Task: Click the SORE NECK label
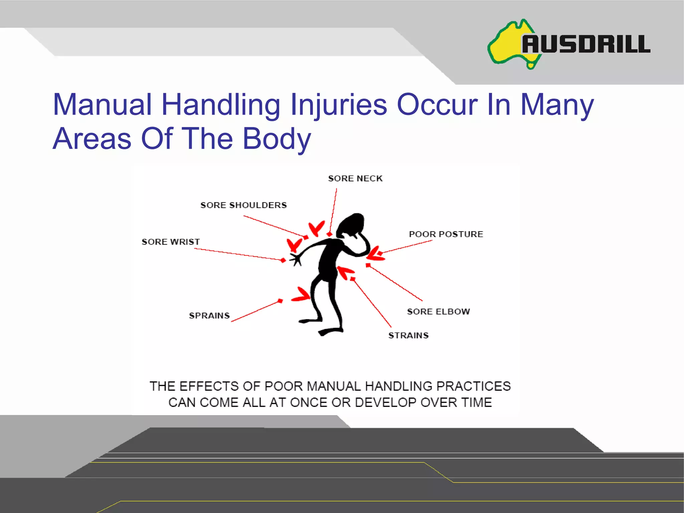tap(355, 178)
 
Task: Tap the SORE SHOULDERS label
tap(243, 205)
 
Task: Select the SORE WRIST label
tap(171, 242)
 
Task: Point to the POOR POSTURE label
tap(446, 234)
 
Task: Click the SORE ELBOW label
tap(438, 312)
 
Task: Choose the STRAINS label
tap(408, 335)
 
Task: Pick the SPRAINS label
tap(209, 316)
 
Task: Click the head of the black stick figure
tap(351, 224)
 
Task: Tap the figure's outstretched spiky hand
tap(296, 259)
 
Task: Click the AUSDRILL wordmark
tap(586, 44)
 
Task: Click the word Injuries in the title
tap(338, 105)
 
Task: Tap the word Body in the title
tap(277, 139)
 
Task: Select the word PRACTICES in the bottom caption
tap(473, 386)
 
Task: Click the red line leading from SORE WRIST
tap(237, 254)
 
